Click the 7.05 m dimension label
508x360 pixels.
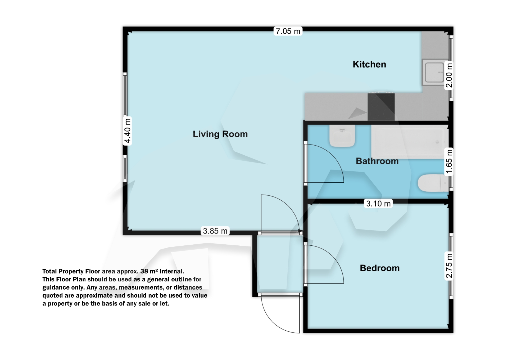[x=288, y=31]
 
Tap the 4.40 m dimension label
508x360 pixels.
[x=127, y=131]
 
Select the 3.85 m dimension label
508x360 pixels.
[x=215, y=231]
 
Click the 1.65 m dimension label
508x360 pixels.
[x=449, y=162]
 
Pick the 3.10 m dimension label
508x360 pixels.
[x=378, y=204]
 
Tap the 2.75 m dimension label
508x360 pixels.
[x=449, y=266]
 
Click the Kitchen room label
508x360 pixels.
[x=369, y=64]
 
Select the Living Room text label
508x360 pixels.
[x=220, y=134]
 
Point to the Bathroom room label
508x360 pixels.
[x=377, y=161]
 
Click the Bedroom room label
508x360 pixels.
[x=380, y=268]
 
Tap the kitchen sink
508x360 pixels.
[x=434, y=73]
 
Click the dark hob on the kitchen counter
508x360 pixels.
[x=381, y=107]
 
